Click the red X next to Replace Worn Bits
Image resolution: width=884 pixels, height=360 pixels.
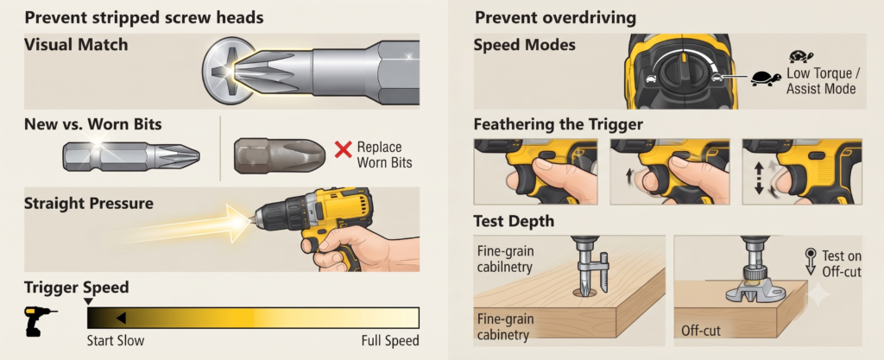coord(343,149)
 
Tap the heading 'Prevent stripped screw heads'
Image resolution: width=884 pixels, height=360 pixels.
coord(144,17)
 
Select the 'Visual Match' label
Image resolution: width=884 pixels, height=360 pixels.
coord(76,45)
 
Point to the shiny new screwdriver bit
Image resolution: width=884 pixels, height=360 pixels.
coord(131,155)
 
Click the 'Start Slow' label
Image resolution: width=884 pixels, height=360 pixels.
coord(116,340)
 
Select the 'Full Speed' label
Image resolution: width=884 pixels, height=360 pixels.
coord(390,340)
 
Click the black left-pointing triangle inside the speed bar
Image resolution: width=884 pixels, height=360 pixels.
coord(121,319)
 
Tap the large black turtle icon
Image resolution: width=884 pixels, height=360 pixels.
coord(765,78)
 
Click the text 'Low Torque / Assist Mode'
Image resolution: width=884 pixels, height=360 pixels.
coord(822,81)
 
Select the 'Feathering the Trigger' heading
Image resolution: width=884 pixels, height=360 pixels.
coord(559,124)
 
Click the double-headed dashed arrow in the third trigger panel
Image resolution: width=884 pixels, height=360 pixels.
coord(758,179)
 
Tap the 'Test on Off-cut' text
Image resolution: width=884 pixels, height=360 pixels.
coord(841,263)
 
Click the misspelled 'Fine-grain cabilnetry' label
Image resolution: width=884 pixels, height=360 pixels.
coord(505,259)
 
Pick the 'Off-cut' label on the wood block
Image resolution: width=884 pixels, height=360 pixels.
coord(701,330)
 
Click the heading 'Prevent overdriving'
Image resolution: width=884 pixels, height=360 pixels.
coord(555,17)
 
